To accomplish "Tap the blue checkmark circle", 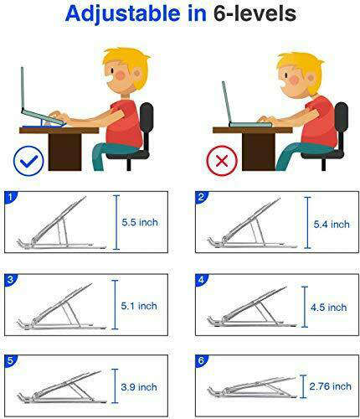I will (29, 159).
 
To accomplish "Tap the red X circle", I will (222, 159).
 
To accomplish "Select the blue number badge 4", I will (201, 280).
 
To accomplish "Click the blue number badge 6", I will (201, 361).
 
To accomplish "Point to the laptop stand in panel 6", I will (251, 389).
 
